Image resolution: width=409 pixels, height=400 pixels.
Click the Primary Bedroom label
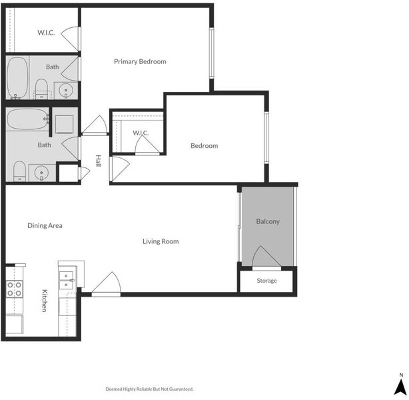click(140, 61)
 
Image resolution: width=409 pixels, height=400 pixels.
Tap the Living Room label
click(161, 241)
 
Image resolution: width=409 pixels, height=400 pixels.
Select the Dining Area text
click(45, 225)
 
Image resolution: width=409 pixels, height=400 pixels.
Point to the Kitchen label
click(45, 301)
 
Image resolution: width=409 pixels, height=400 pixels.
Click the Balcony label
click(268, 221)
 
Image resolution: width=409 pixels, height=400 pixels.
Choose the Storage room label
click(266, 281)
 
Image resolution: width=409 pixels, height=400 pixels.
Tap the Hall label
click(98, 161)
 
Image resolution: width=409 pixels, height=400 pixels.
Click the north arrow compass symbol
click(400, 384)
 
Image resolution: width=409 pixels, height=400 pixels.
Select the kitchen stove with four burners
click(15, 289)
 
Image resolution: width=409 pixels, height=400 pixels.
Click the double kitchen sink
click(67, 280)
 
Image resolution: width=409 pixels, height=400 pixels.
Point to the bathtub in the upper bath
click(17, 78)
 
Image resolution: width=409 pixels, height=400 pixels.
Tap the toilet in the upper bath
click(41, 89)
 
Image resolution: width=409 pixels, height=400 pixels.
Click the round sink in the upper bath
click(66, 91)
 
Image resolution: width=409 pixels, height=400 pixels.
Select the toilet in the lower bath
click(19, 171)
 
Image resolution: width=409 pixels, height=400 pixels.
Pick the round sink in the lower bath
click(41, 173)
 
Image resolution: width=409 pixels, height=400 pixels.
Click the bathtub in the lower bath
click(28, 119)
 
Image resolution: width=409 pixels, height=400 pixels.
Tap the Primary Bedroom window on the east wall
click(212, 53)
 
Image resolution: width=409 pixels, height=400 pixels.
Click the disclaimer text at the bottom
click(149, 389)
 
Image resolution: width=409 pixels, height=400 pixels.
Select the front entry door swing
click(106, 284)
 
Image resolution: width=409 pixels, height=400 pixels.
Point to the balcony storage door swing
click(266, 257)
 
